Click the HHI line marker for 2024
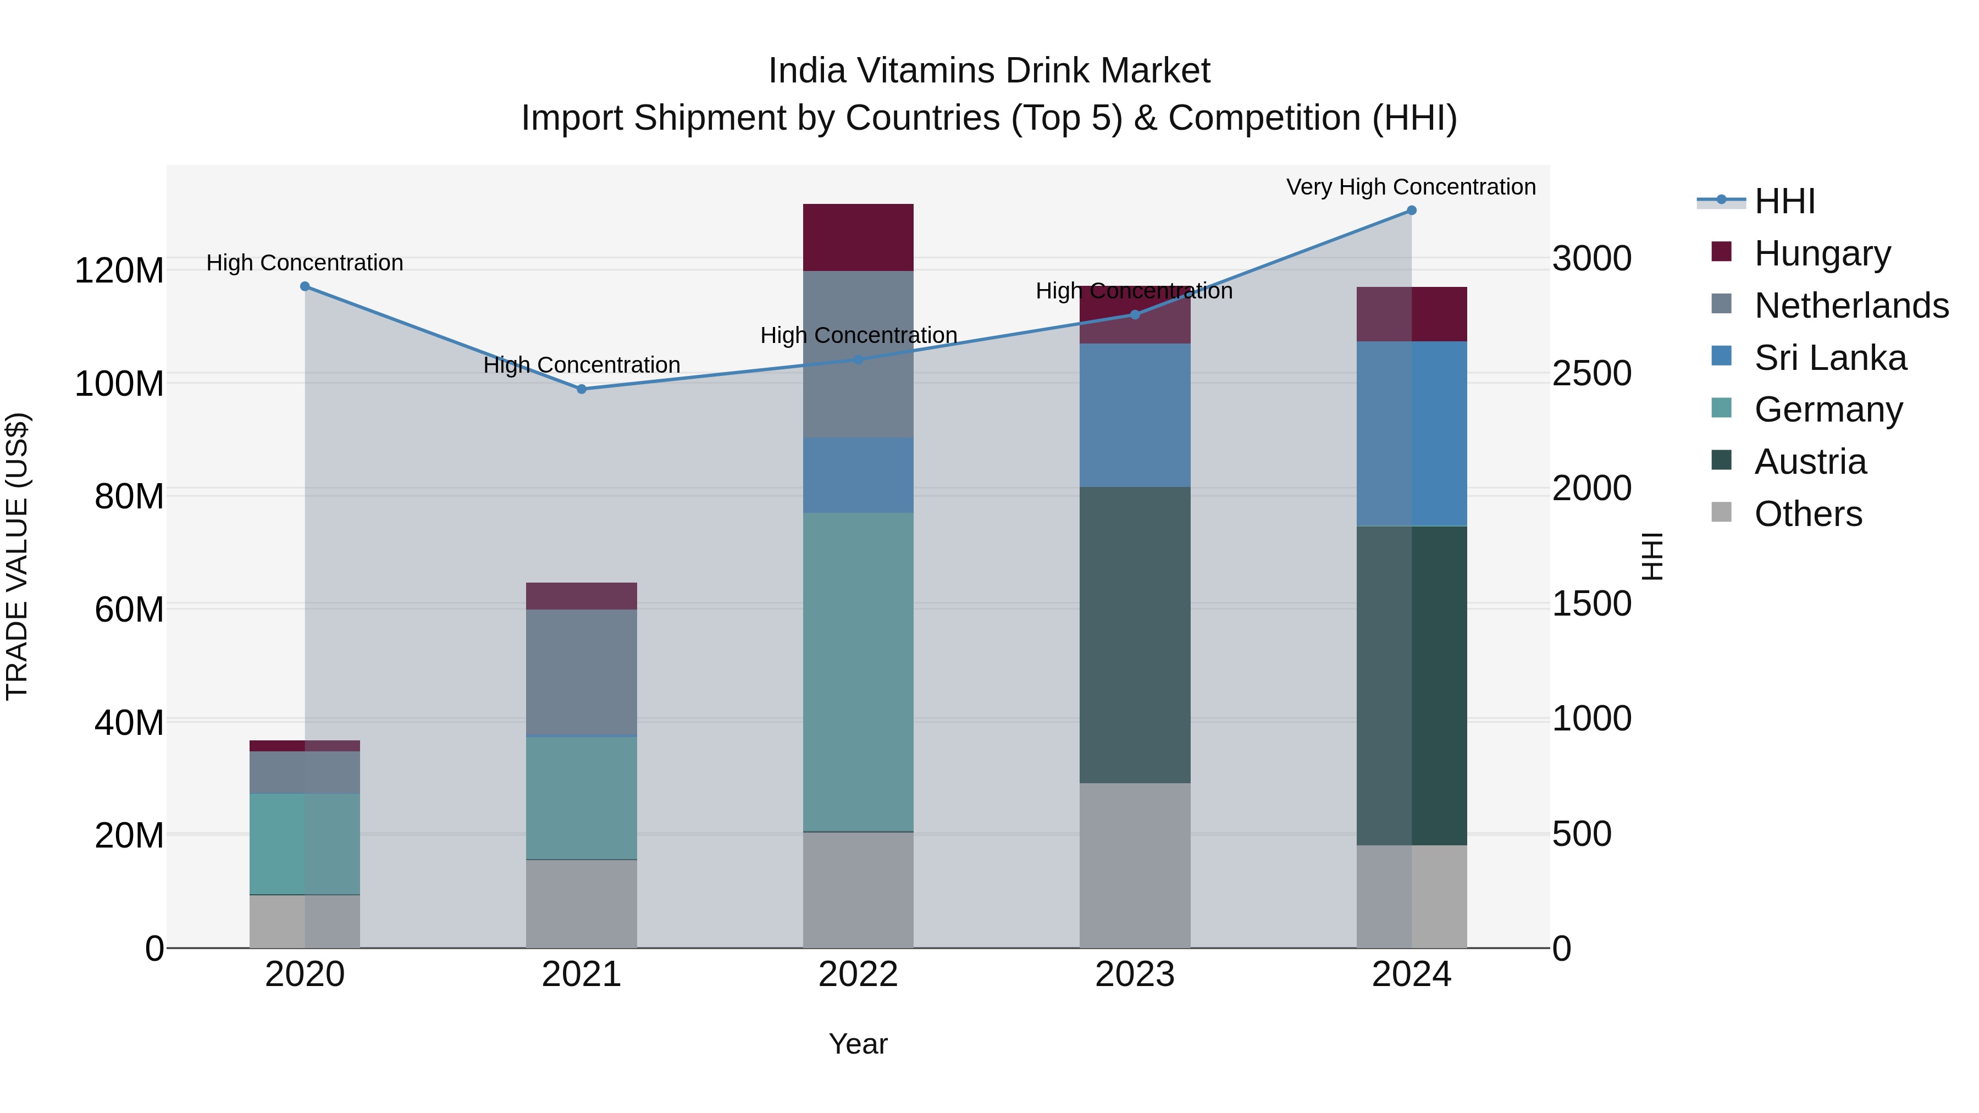1411,211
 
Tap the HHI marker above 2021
582,390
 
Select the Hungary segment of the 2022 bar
858,237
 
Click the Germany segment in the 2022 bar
858,672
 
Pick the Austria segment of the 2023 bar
1135,635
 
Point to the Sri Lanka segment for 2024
1411,434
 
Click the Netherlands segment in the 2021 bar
582,672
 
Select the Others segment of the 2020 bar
305,921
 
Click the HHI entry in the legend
1784,201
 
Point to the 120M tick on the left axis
119,271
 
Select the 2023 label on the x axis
1135,974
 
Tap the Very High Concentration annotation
1411,187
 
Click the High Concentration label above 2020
305,263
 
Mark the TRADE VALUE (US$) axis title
17,556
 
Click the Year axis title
858,1044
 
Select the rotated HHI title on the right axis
1652,556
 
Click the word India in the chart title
806,71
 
